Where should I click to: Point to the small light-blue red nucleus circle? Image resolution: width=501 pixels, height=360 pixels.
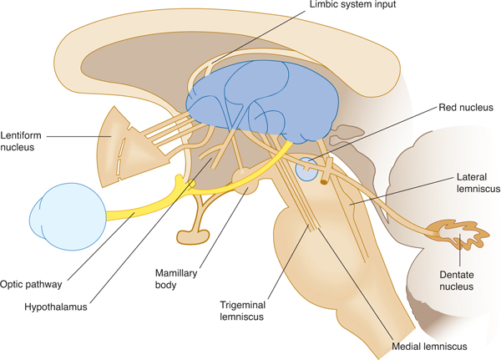pos(306,170)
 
